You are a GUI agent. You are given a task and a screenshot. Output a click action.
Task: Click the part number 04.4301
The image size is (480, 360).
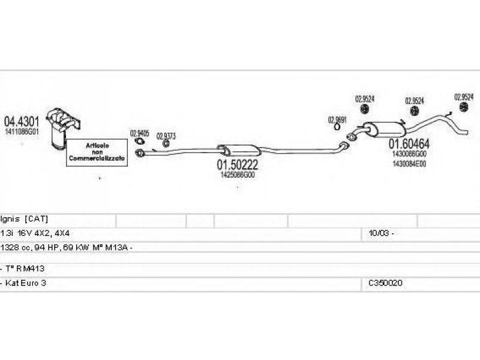coord(22,120)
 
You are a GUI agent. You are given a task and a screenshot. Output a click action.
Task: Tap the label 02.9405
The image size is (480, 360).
coord(139,134)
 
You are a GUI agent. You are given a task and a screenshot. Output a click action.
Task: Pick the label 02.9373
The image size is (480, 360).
coord(166,136)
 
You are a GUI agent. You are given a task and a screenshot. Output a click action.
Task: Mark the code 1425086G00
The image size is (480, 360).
coord(238,176)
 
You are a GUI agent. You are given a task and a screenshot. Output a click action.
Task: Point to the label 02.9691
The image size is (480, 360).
coord(337,120)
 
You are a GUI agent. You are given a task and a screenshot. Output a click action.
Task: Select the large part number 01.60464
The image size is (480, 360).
coord(409,144)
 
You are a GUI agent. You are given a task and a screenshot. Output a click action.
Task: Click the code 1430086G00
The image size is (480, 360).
coord(409,154)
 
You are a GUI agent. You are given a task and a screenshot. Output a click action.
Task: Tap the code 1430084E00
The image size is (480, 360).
coord(409,163)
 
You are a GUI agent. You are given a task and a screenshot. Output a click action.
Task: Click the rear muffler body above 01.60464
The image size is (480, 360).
coord(385,128)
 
